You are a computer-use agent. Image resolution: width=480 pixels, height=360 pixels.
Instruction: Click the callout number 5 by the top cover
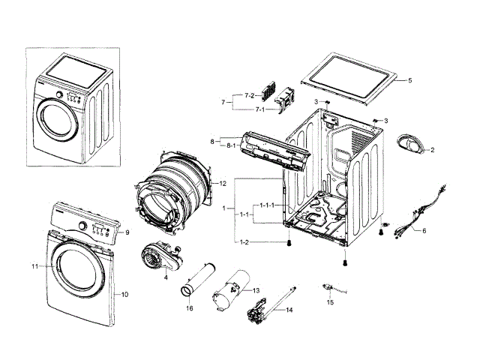pyautogui.click(x=409, y=80)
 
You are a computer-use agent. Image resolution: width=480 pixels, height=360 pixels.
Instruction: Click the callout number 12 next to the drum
pyautogui.click(x=223, y=183)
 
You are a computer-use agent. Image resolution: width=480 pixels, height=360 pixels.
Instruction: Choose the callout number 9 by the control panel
pyautogui.click(x=127, y=232)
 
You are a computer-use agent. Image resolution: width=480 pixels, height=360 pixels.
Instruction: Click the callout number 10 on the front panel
pyautogui.click(x=124, y=294)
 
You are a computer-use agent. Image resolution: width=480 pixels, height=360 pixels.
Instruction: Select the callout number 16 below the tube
pyautogui.click(x=190, y=308)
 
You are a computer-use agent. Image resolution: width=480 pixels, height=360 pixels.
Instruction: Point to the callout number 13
pyautogui.click(x=256, y=289)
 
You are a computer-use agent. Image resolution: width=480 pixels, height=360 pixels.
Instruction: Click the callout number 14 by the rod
pyautogui.click(x=289, y=309)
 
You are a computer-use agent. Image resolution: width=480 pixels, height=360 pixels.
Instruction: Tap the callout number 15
pyautogui.click(x=330, y=302)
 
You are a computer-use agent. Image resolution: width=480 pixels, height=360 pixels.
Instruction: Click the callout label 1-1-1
pyautogui.click(x=267, y=205)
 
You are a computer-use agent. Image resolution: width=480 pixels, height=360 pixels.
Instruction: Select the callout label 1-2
pyautogui.click(x=244, y=241)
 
